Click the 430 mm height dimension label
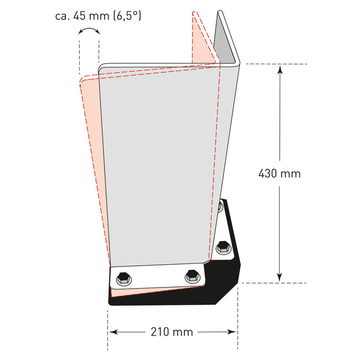tap(279, 173)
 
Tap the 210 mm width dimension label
tap(172, 332)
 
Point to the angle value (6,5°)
tap(127, 16)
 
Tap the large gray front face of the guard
tap(161, 166)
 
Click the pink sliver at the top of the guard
tap(202, 39)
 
